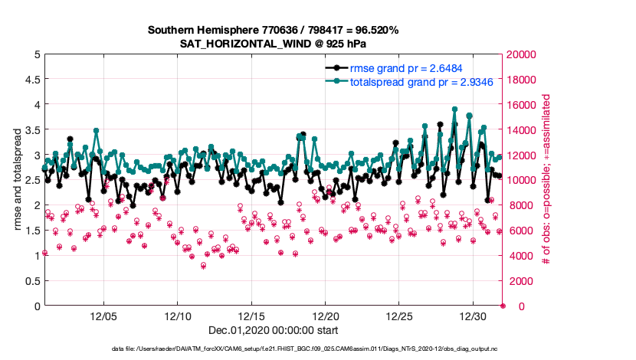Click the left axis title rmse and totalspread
(13, 180)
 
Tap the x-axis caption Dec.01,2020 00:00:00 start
(273, 331)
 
